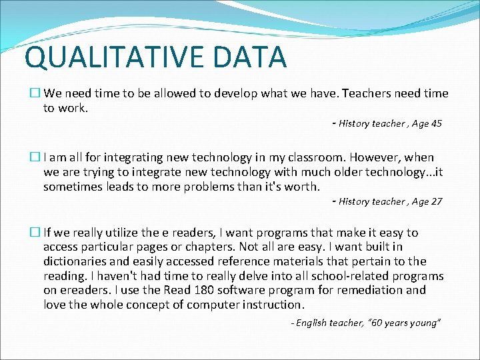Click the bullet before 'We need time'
pos(36,94)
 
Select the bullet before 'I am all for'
pos(36,158)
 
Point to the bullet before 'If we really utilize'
pos(36,233)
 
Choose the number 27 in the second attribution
pos(435,201)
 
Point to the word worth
pos(303,187)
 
